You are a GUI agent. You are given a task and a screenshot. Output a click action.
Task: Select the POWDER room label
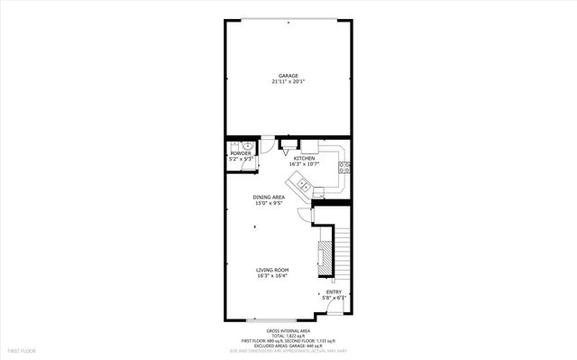[240, 153]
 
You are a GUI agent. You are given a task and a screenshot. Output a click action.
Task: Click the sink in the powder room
[234, 147]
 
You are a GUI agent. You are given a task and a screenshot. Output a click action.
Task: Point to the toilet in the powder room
[248, 145]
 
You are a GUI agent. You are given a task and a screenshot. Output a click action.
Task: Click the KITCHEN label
[303, 158]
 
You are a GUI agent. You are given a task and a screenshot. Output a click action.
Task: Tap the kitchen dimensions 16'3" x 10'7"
[303, 164]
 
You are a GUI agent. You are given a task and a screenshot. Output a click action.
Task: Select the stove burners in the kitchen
[343, 166]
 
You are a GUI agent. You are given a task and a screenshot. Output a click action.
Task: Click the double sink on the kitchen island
[305, 187]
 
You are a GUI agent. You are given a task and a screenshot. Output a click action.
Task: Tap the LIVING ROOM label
[272, 269]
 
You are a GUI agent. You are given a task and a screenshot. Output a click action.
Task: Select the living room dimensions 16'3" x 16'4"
[272, 275]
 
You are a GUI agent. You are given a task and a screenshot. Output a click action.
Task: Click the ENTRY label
[334, 291]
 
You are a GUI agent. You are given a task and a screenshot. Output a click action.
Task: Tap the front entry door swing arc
[334, 309]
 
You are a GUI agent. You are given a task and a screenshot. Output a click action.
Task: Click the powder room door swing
[268, 145]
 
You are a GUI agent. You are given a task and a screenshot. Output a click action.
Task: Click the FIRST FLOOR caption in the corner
[22, 349]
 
